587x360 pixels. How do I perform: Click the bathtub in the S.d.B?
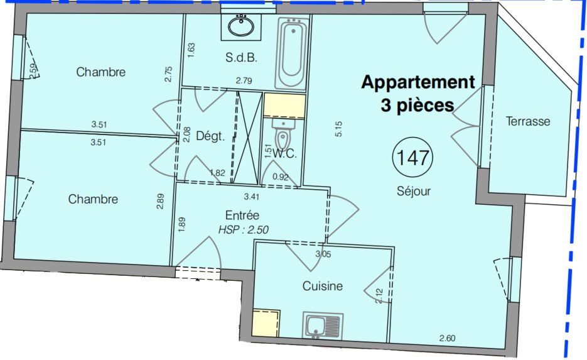293,53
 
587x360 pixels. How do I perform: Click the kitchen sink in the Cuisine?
323,326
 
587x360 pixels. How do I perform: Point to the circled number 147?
412,157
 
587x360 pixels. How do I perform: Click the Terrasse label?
528,121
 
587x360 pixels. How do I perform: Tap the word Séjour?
414,191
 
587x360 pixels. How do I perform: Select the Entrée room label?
242,215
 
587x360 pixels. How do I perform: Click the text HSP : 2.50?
244,230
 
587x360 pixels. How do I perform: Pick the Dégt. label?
210,136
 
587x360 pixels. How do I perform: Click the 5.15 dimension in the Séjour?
338,129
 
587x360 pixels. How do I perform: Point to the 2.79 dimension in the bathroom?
244,80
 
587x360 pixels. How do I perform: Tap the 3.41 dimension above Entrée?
252,196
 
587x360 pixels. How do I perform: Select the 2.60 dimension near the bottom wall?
448,338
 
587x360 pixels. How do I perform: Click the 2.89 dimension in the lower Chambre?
160,201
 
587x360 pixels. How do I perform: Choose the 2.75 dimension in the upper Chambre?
169,74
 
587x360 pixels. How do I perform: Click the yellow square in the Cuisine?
266,324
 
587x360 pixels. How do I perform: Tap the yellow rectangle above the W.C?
284,106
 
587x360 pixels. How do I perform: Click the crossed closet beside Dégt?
248,137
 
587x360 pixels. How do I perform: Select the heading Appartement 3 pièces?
418,93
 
